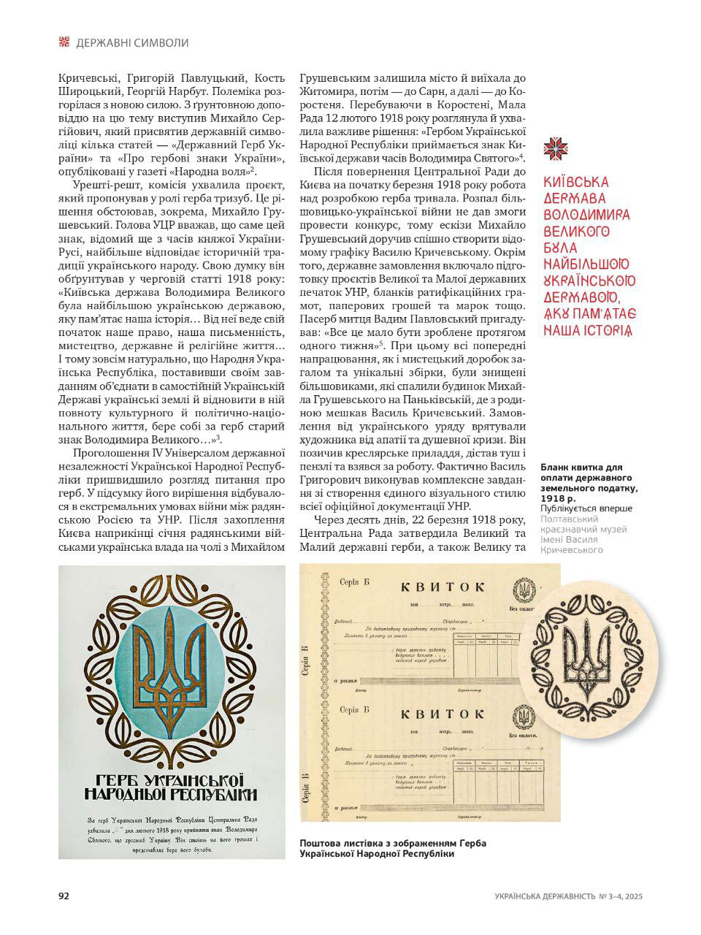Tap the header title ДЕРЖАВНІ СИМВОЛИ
coord(132,43)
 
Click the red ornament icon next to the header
coord(64,42)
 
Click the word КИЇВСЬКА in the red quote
coord(577,182)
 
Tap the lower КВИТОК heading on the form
coord(442,716)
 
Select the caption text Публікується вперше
coord(586,508)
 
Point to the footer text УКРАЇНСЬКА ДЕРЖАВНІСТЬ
coord(544,896)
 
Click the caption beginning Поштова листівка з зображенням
coord(392,843)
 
